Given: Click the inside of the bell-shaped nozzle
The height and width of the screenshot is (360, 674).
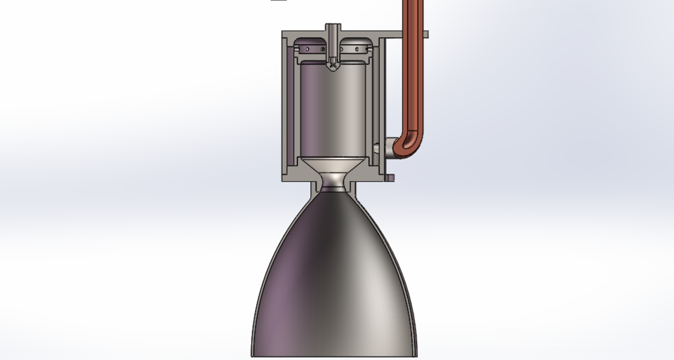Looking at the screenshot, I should tap(333, 281).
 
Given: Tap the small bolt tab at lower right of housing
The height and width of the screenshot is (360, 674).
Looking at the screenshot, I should tap(390, 178).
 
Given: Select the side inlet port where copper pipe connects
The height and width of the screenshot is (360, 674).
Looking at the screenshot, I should tap(383, 148).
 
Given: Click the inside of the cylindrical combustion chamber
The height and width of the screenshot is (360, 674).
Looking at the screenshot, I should tap(333, 105).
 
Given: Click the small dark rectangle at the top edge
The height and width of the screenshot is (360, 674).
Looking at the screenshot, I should tap(279, 1).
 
